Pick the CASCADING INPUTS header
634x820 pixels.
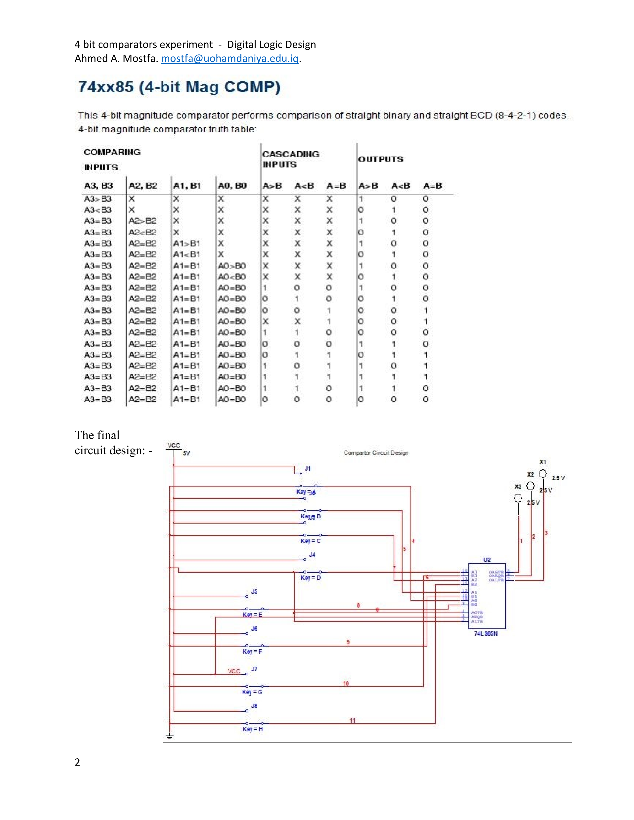click(x=290, y=159)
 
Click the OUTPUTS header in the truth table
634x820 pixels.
click(x=380, y=159)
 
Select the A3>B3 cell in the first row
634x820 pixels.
click(x=98, y=199)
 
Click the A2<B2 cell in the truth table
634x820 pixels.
click(x=142, y=232)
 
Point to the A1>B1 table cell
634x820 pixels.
click(x=187, y=243)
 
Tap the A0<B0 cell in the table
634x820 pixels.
click(x=232, y=277)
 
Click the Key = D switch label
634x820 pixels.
click(x=311, y=578)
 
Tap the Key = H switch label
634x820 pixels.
click(x=253, y=729)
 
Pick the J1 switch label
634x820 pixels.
click(x=308, y=469)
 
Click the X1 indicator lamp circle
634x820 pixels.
click(x=543, y=474)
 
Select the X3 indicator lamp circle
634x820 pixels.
click(x=518, y=498)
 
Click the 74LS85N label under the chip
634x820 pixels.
click(x=486, y=633)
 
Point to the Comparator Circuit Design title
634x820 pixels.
click(x=376, y=453)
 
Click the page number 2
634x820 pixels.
click(x=77, y=762)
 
